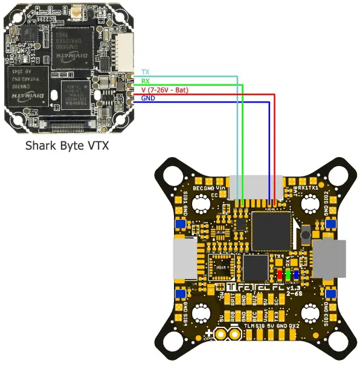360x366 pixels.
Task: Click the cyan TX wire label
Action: coord(145,72)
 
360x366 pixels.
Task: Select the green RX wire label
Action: coord(145,80)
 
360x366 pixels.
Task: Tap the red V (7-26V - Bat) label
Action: coord(165,89)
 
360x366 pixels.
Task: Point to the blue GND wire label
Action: coord(148,97)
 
